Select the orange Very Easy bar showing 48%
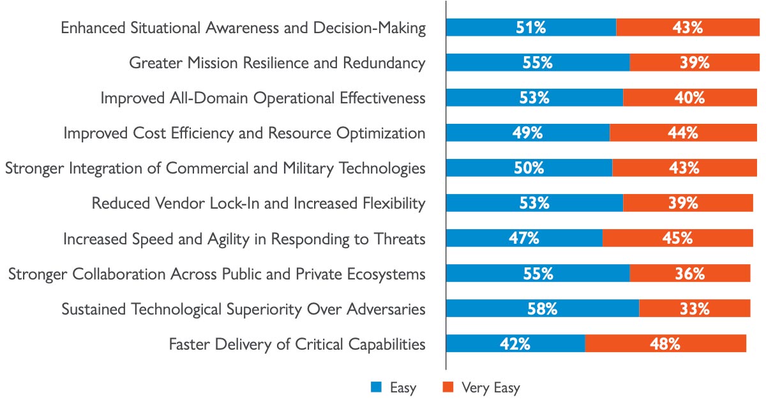pyautogui.click(x=665, y=343)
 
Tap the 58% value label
pyautogui.click(x=543, y=309)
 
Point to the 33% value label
pyautogui.click(x=695, y=309)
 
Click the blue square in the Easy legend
pyautogui.click(x=376, y=387)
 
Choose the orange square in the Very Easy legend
pyautogui.click(x=448, y=387)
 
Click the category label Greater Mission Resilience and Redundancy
pyautogui.click(x=277, y=63)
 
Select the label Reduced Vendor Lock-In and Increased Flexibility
pyautogui.click(x=259, y=204)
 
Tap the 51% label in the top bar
pyautogui.click(x=530, y=27)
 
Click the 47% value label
pyautogui.click(x=524, y=239)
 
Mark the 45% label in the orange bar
pyautogui.click(x=677, y=239)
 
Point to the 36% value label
pyautogui.click(x=690, y=274)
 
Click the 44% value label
pyautogui.click(x=683, y=133)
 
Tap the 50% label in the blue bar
pyautogui.click(x=529, y=168)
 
